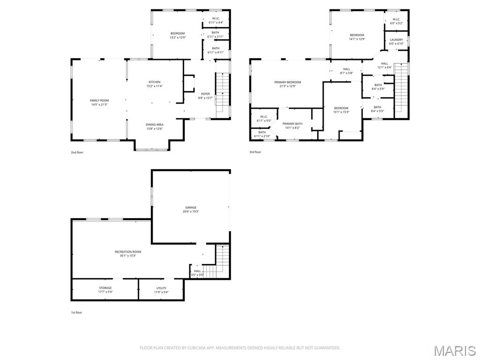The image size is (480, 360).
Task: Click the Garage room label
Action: [x=191, y=209]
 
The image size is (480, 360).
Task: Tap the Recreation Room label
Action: [x=128, y=254]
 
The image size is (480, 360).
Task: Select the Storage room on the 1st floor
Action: [x=105, y=290]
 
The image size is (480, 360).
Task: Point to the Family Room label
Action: [x=99, y=102]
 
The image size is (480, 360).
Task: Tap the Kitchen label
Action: [x=155, y=84]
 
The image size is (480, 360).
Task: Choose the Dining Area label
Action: [x=155, y=127]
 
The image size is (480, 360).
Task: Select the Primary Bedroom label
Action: [x=288, y=84]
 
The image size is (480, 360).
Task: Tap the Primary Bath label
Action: [x=292, y=125]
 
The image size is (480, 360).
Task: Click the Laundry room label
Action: [x=396, y=42]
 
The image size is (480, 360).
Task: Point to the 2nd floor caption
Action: [x=77, y=152]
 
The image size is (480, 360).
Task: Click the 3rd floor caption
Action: [x=255, y=152]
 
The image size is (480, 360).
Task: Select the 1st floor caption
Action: [x=76, y=312]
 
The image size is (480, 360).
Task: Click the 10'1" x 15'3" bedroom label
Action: [x=341, y=110]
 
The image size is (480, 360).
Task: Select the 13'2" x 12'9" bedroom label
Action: [x=177, y=35]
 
